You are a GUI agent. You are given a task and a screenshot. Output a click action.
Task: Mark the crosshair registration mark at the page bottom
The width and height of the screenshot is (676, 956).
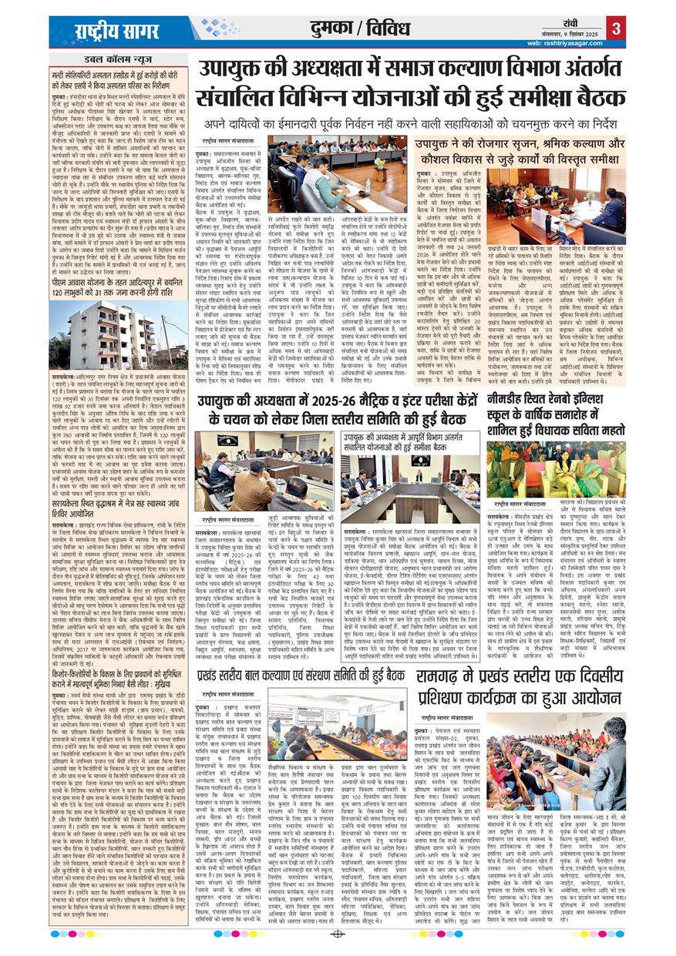337,935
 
